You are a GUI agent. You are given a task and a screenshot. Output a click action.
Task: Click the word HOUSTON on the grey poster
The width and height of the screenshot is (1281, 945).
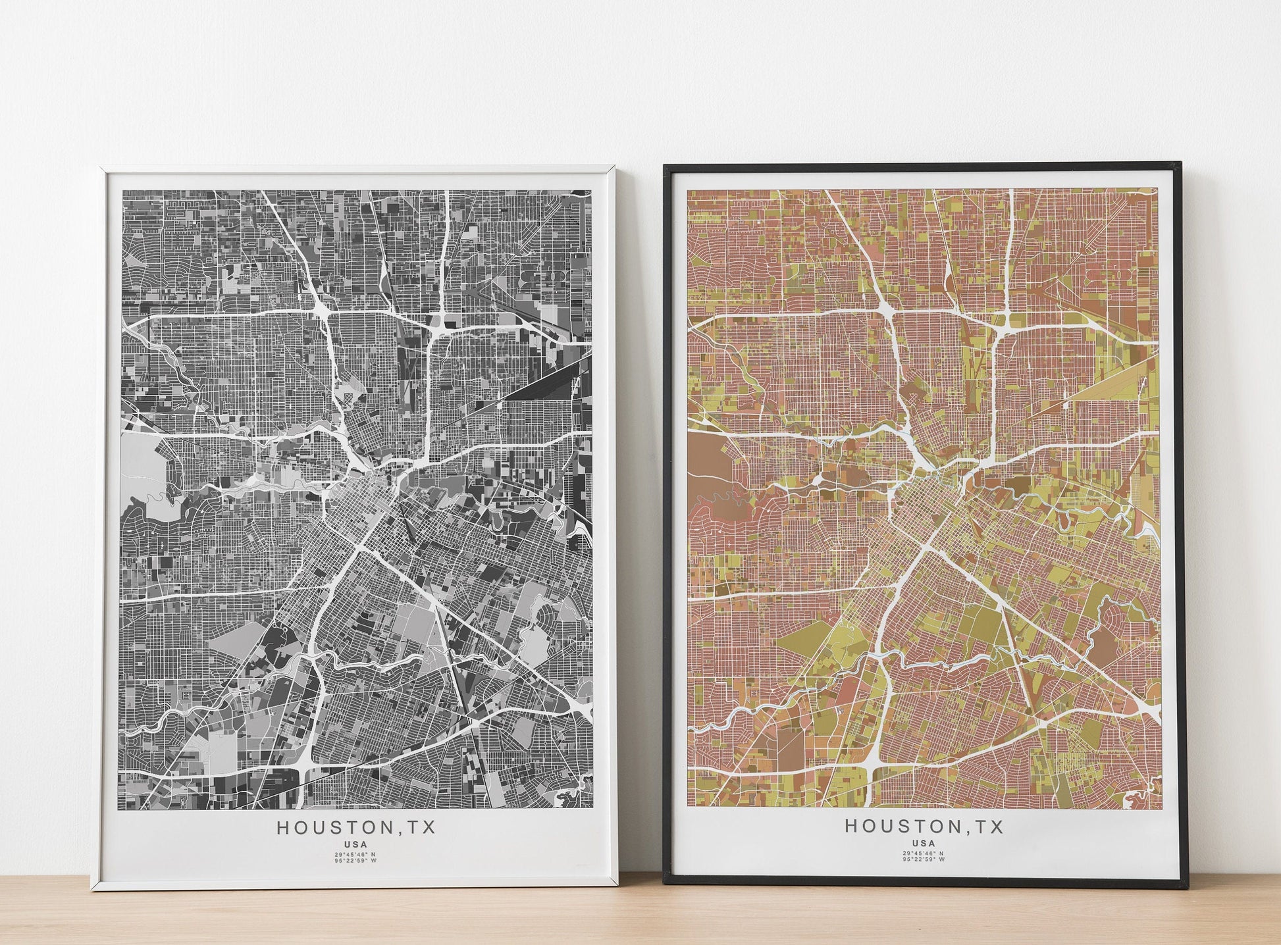coord(335,827)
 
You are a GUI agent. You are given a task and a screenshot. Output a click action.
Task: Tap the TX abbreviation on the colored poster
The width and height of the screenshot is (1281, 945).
coord(988,826)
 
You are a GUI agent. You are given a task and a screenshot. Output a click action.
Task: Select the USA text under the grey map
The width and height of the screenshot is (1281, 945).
coord(355,844)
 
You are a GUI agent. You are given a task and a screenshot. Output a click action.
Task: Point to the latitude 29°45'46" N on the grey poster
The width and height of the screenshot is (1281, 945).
coord(355,855)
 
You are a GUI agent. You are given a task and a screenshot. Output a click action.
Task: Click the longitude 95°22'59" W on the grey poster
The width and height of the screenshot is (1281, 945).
coord(355,861)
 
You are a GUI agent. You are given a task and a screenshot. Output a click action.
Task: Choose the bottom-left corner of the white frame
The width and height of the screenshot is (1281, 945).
coord(92,890)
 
